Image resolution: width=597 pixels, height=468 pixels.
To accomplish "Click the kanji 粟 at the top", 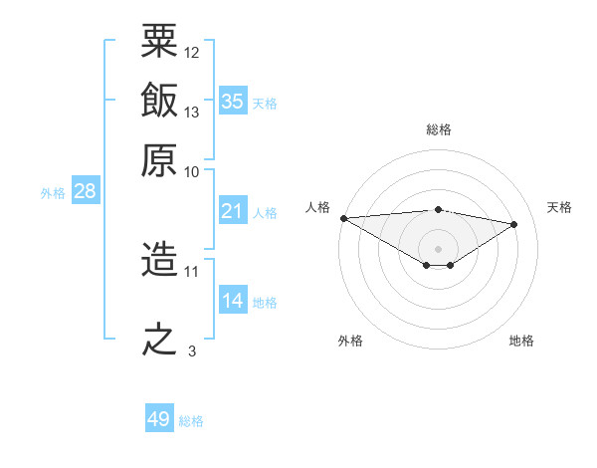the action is (159, 41).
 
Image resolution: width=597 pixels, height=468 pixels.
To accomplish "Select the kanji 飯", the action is (159, 100).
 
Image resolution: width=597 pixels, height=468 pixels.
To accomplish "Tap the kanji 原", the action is (159, 160).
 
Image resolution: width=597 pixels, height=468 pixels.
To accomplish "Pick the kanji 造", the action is (159, 258).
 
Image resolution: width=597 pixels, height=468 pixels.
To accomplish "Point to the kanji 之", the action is (159, 339).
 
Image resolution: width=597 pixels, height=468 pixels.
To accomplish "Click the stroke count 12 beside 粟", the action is (191, 53).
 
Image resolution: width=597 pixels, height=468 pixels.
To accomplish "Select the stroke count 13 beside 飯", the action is (191, 113).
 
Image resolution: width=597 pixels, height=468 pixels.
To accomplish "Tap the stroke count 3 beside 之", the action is (192, 351).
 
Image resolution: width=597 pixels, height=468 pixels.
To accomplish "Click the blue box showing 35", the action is (233, 101).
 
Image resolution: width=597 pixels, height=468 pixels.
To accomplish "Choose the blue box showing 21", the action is (233, 210).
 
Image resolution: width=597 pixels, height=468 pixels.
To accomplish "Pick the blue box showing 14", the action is (233, 299).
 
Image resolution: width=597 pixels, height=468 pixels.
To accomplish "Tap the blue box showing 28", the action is (86, 190).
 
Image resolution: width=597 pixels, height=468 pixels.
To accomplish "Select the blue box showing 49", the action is (159, 417).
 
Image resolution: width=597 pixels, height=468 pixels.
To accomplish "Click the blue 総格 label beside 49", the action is (191, 421).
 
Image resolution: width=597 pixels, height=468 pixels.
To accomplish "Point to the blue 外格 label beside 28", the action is (53, 193).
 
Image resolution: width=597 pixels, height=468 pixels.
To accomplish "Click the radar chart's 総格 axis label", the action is (439, 129).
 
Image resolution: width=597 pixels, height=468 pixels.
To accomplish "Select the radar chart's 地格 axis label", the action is (521, 341).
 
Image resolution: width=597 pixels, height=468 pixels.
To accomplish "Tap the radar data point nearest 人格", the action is (344, 218).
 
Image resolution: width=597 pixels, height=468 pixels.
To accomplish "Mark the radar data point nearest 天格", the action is (514, 224).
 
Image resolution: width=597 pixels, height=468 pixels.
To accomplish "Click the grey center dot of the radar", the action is (438, 249).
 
